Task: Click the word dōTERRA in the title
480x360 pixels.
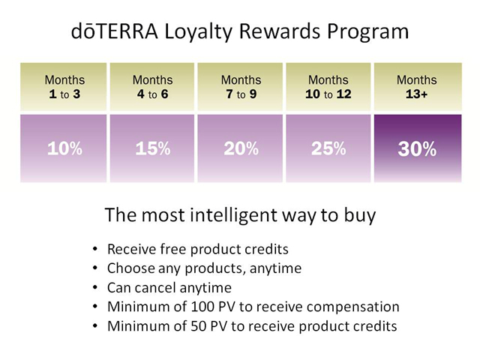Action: pyautogui.click(x=115, y=31)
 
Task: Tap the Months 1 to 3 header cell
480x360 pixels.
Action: pyautogui.click(x=64, y=87)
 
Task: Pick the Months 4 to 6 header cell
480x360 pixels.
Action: pyautogui.click(x=152, y=87)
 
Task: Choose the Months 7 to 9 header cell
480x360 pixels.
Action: pyautogui.click(x=240, y=87)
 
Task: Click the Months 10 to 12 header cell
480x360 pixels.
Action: pyautogui.click(x=328, y=87)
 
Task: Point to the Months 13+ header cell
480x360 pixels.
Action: pyautogui.click(x=418, y=87)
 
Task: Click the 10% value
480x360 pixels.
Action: pyautogui.click(x=65, y=148)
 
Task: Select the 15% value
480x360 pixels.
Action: pyautogui.click(x=153, y=148)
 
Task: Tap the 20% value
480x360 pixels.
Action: pyautogui.click(x=241, y=148)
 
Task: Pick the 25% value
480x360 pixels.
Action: pyautogui.click(x=328, y=148)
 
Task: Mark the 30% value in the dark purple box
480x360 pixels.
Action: pyautogui.click(x=417, y=149)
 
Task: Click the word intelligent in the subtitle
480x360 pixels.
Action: pyautogui.click(x=234, y=215)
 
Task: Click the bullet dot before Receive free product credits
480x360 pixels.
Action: pyautogui.click(x=95, y=249)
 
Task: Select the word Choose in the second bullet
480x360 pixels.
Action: pyautogui.click(x=131, y=268)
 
